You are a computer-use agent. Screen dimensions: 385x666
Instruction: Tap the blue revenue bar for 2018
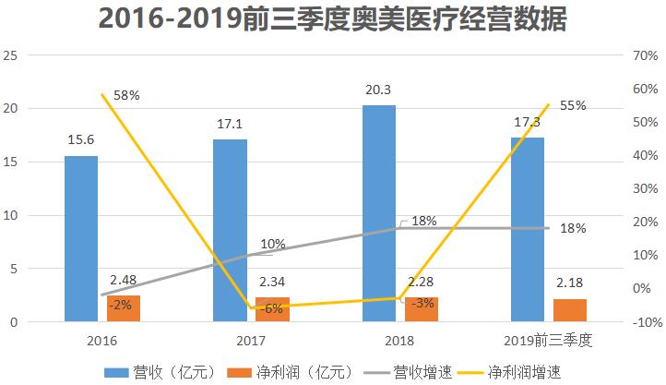pyautogui.click(x=379, y=212)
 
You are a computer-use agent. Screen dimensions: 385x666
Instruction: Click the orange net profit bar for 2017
pyautogui.click(x=272, y=310)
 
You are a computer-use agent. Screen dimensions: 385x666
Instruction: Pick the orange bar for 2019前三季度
pyautogui.click(x=569, y=311)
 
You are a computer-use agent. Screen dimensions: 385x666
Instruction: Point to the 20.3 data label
pyautogui.click(x=379, y=90)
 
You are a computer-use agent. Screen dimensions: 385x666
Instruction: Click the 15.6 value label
pyautogui.click(x=81, y=140)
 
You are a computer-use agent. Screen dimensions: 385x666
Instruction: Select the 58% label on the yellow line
pyautogui.click(x=126, y=95)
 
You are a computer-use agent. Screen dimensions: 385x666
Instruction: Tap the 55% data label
pyautogui.click(x=573, y=105)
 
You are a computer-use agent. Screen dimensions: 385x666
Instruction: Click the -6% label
pyautogui.click(x=273, y=309)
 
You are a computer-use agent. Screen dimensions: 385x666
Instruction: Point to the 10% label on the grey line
pyautogui.click(x=273, y=244)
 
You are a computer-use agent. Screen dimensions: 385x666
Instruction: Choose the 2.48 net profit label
pyautogui.click(x=124, y=280)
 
